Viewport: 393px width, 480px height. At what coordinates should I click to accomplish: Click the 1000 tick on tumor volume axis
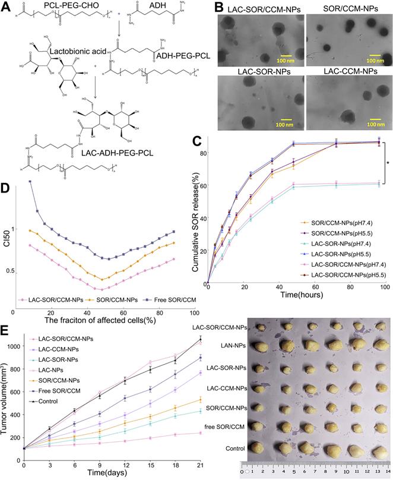coord(14,346)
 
